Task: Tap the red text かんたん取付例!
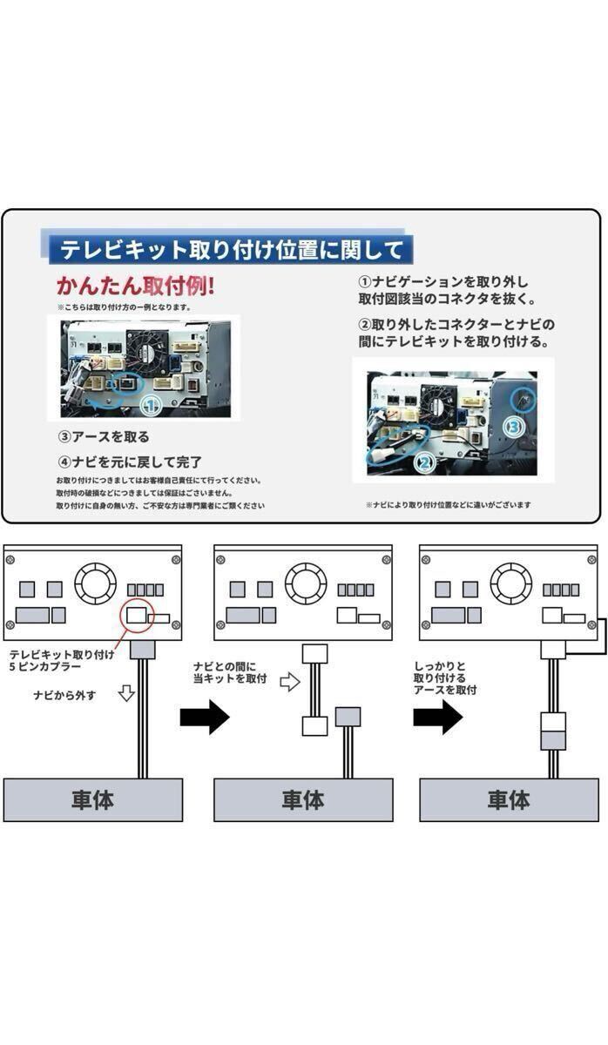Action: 135,286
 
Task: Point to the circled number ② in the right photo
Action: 424,463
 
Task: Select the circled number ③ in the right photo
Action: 514,427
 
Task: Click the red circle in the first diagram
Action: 138,614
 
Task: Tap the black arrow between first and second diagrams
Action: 204,717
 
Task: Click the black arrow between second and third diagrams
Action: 437,717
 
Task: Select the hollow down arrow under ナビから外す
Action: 128,694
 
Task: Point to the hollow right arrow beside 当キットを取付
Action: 289,682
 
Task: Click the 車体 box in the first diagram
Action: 92,799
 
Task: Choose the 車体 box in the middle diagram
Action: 302,799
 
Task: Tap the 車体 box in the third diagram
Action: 509,799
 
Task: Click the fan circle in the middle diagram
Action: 306,583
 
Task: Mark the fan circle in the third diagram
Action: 511,583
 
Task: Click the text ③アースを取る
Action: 104,437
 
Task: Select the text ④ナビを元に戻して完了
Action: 130,462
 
